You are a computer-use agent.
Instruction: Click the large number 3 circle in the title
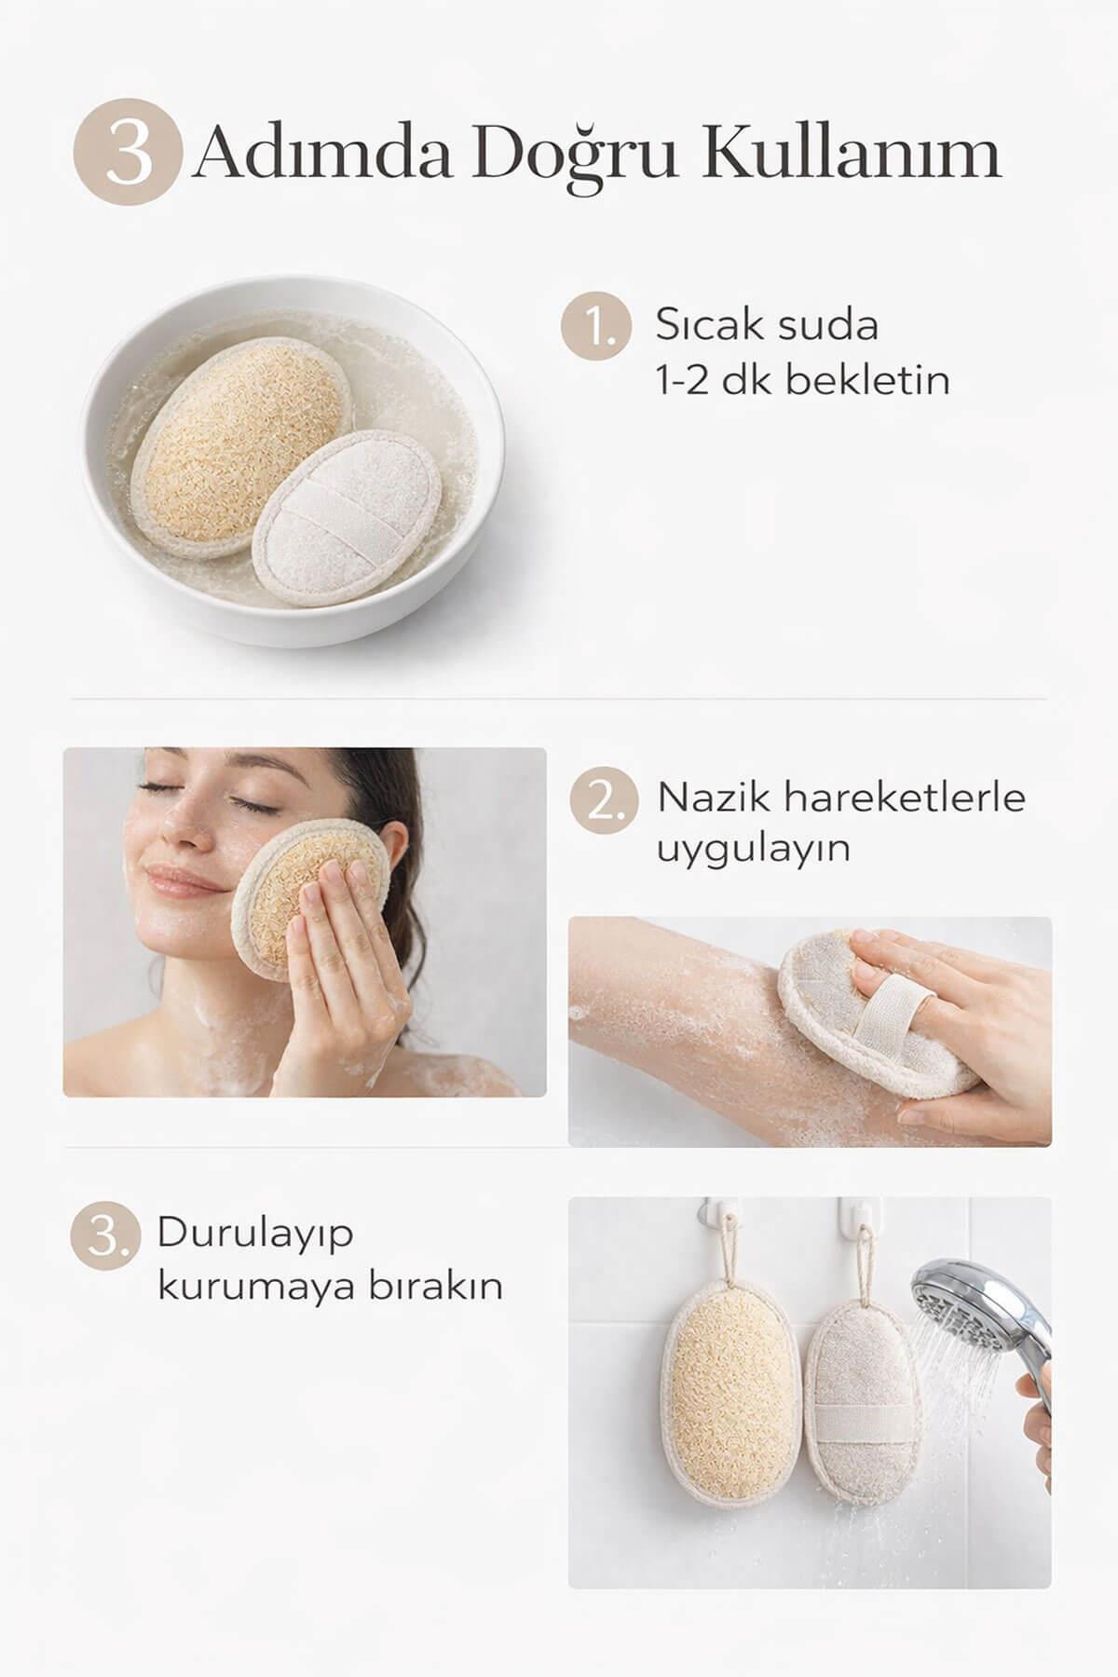point(128,152)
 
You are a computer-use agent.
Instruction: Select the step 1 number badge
point(590,328)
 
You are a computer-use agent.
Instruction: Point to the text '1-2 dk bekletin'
point(803,380)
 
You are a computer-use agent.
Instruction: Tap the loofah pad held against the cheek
point(307,894)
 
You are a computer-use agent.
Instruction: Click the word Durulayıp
point(255,1233)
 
